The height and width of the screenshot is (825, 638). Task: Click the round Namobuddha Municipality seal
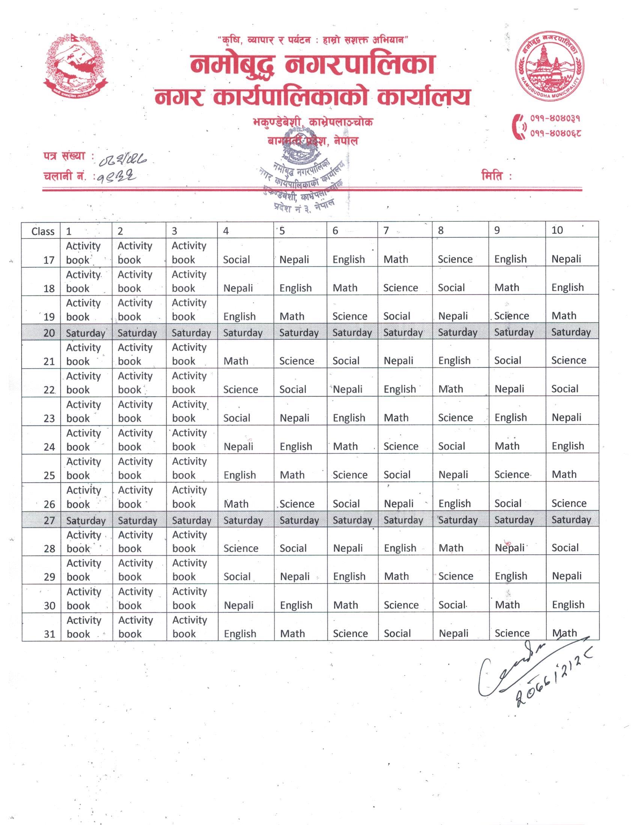pos(550,68)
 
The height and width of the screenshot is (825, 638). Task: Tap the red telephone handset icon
pos(519,126)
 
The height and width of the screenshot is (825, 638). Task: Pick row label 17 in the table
pos(49,260)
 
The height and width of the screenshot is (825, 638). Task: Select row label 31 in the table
pos(50,634)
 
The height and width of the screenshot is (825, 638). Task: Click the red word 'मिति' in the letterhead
pos(494,176)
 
